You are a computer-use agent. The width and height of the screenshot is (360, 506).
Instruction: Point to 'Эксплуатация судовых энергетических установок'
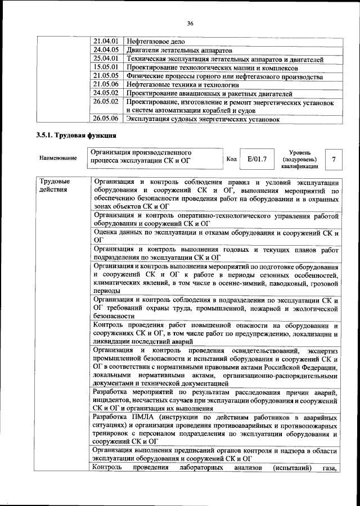[x=203, y=119]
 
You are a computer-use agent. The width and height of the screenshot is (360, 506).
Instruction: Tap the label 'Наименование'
[x=58, y=159]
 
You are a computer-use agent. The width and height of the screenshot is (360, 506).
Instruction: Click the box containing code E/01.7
[x=256, y=159]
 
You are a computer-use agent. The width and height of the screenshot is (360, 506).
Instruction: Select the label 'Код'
[x=231, y=159]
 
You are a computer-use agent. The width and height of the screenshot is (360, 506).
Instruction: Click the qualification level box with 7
[x=334, y=159]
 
